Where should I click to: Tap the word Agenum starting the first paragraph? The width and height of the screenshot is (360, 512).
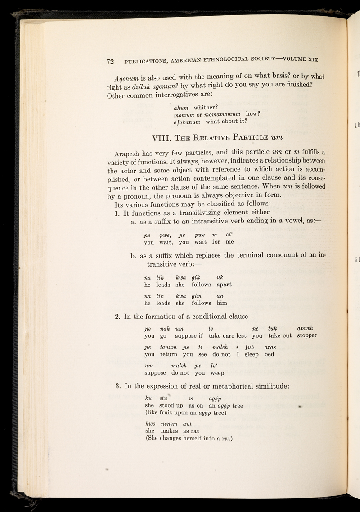point(123,76)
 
